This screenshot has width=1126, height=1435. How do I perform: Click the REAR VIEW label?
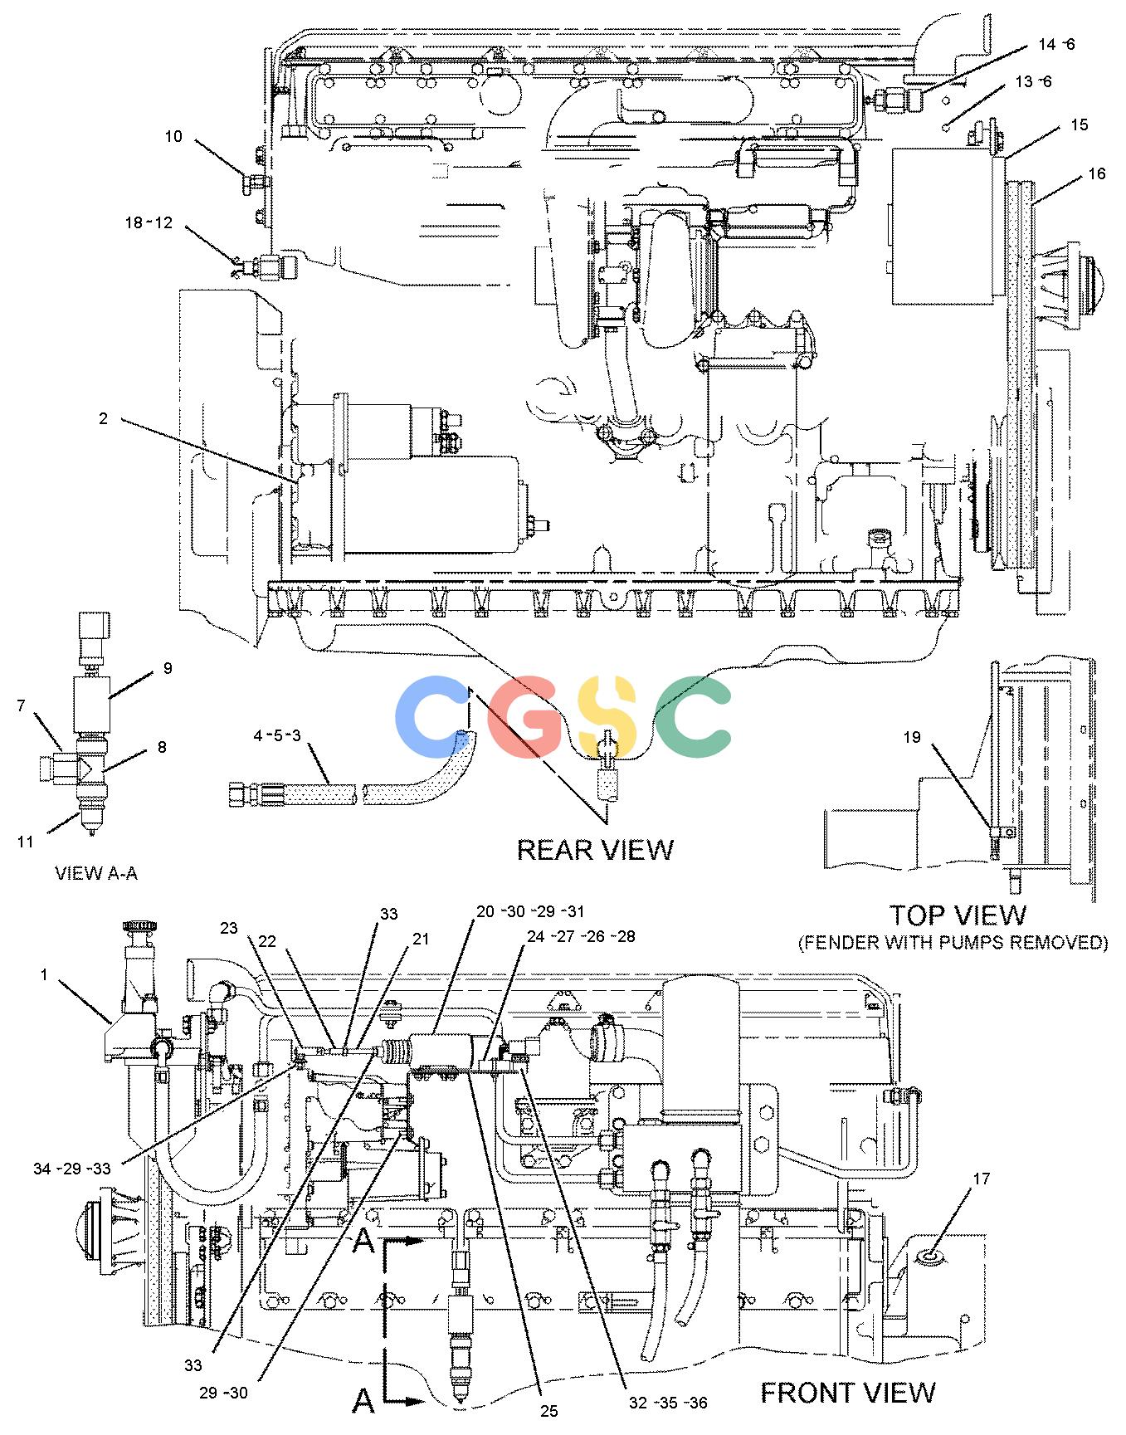(595, 849)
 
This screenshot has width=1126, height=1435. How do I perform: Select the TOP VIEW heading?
(958, 915)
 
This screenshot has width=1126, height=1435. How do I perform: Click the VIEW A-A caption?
(96, 873)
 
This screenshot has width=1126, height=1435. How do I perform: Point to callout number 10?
(173, 136)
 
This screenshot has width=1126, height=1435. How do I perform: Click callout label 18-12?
(149, 222)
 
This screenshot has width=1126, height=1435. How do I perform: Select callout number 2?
(103, 418)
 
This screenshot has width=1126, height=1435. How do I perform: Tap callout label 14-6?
(1056, 44)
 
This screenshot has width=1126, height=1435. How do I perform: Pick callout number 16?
(1097, 173)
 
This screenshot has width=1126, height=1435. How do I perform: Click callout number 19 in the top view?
(912, 737)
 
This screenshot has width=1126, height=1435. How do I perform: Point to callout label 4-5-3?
(277, 735)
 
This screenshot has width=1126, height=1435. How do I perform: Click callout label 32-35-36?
(668, 1403)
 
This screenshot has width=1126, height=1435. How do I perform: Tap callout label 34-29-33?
(71, 1169)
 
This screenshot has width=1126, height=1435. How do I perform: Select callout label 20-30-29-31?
(530, 910)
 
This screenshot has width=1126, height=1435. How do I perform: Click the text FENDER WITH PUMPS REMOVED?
(953, 943)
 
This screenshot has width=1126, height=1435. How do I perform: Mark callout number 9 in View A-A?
(168, 668)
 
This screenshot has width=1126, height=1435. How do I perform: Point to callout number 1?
(44, 975)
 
